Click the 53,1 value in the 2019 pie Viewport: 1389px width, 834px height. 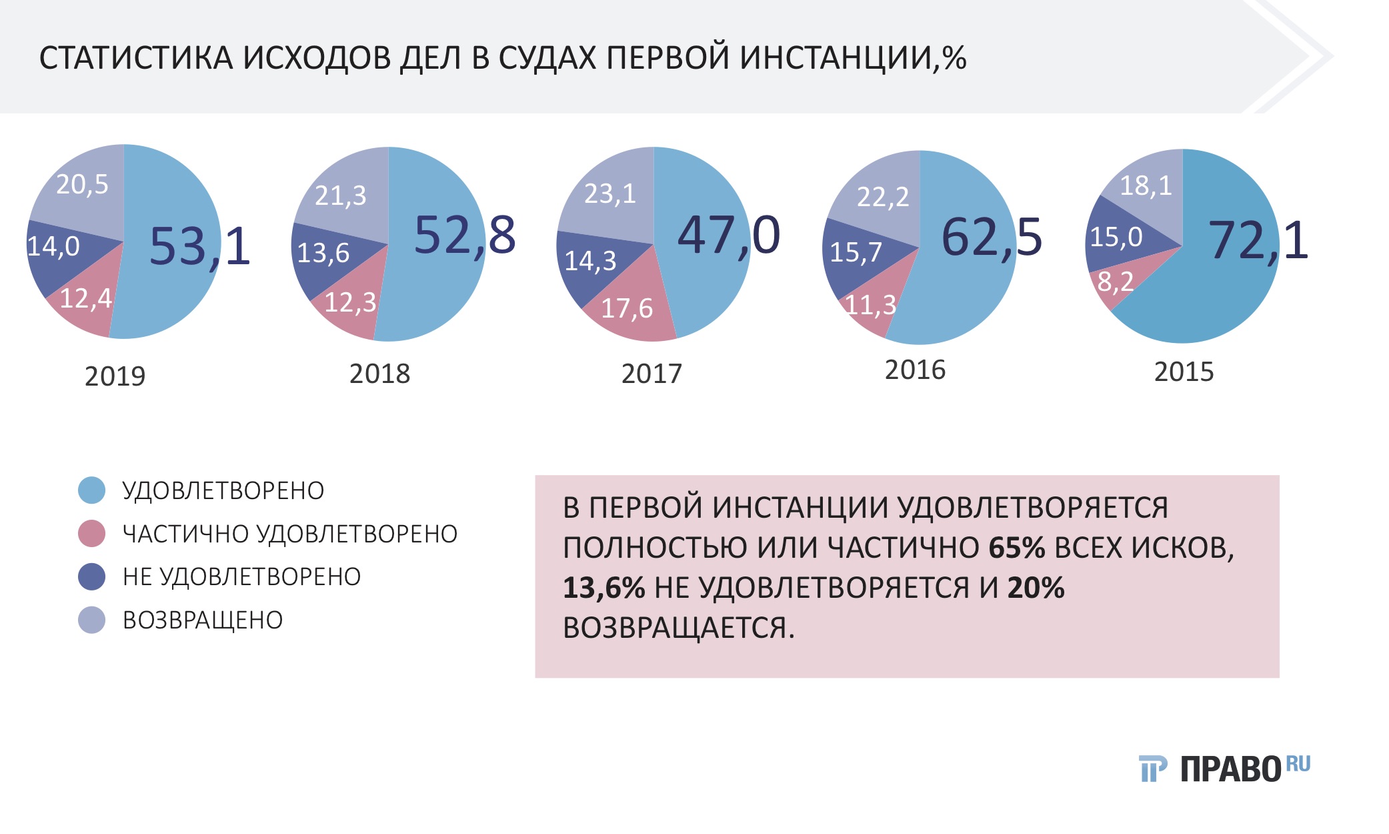click(x=199, y=247)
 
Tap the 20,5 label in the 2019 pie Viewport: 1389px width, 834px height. click(x=82, y=185)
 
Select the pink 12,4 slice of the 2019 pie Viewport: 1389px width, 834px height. click(x=85, y=299)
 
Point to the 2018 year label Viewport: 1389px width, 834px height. click(x=379, y=374)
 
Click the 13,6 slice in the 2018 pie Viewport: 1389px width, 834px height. click(x=323, y=253)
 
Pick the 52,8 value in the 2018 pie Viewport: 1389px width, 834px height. click(x=465, y=236)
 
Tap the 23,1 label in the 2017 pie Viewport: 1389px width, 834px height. click(x=610, y=194)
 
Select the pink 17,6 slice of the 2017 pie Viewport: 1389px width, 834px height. click(x=627, y=308)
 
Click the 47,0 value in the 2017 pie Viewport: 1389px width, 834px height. click(x=728, y=236)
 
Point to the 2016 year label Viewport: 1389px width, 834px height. click(x=915, y=370)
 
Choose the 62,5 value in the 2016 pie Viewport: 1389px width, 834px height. click(x=992, y=238)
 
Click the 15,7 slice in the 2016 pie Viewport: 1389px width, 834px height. click(x=856, y=252)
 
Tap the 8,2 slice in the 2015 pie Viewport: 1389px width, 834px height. click(x=1115, y=282)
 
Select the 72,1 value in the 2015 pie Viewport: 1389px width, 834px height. click(x=1258, y=240)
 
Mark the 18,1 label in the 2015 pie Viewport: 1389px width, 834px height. click(x=1146, y=185)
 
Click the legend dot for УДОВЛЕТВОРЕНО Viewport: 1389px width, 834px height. click(x=92, y=490)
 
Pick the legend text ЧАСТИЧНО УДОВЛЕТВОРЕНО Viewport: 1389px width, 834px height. click(x=290, y=534)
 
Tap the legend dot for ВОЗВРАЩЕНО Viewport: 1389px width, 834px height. click(x=92, y=620)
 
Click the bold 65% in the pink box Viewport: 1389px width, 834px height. click(x=1016, y=548)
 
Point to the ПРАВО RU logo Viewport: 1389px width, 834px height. click(x=1224, y=769)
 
